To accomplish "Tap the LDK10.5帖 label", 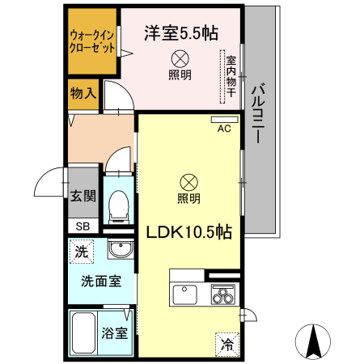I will (x=189, y=231).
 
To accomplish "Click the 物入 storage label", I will (x=83, y=93).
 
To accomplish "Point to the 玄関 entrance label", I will (x=83, y=195).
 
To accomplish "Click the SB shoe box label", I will (x=83, y=226).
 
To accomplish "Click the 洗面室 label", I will (x=100, y=281).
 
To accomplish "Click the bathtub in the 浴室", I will (x=83, y=332).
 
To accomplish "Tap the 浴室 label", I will (x=114, y=332).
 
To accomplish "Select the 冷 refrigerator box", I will (x=227, y=344).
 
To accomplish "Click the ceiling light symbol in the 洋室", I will (x=180, y=58).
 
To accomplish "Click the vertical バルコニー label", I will (x=260, y=113).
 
